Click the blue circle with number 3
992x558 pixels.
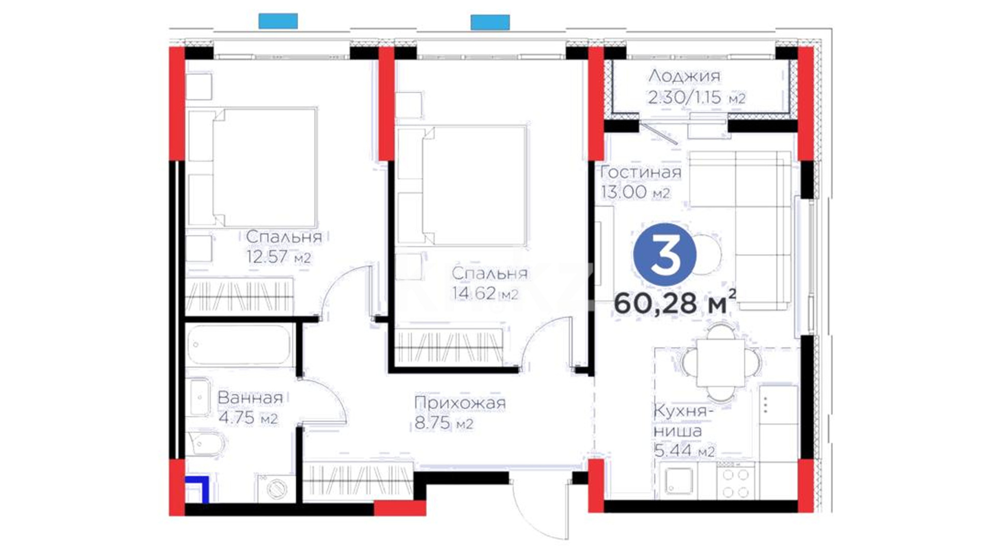pyautogui.click(x=665, y=255)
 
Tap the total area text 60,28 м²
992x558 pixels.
pyautogui.click(x=675, y=302)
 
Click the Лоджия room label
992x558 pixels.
pyautogui.click(x=684, y=76)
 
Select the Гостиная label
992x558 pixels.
pyautogui.click(x=641, y=172)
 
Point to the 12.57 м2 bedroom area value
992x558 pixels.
pyautogui.click(x=278, y=257)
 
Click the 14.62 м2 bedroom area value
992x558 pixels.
pyautogui.click(x=485, y=293)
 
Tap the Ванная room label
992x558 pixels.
pyautogui.click(x=250, y=397)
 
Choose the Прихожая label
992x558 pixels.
pyautogui.click(x=460, y=402)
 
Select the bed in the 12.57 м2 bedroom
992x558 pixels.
pyautogui.click(x=252, y=166)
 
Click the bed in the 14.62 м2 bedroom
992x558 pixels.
pyautogui.click(x=462, y=184)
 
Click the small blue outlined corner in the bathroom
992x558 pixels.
pyautogui.click(x=198, y=488)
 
